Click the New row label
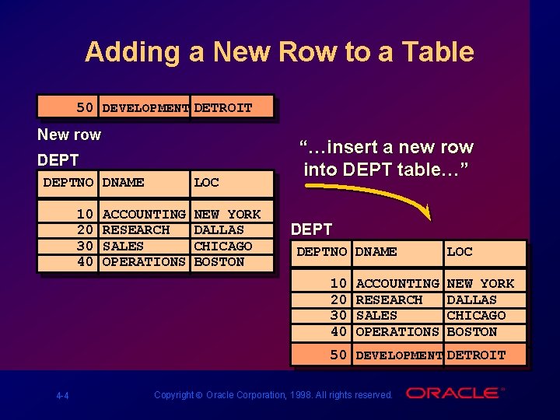coord(69,135)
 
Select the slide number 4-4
coord(62,396)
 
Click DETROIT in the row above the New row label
coord(223,108)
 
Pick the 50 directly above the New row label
coord(85,107)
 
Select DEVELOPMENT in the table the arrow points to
coord(399,355)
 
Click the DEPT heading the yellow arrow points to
coord(311,229)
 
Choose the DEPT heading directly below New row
coord(58,160)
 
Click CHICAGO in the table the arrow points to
coord(476,315)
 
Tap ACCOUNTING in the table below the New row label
coord(144,214)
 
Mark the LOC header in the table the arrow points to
coord(460,252)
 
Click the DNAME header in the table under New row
coord(123,183)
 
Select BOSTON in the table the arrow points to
coord(472,331)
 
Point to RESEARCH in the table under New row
coord(136,229)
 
